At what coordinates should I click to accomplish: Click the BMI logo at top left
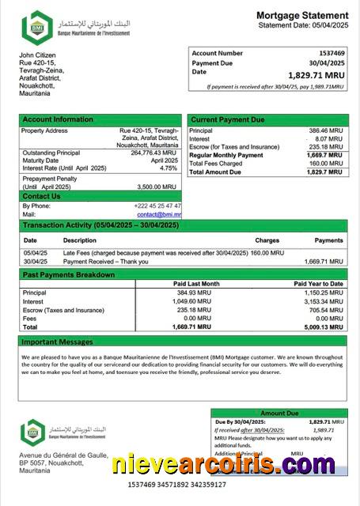tap(36, 27)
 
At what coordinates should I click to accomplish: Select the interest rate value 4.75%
tap(169, 168)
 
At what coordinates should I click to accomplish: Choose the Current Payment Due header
tap(227, 119)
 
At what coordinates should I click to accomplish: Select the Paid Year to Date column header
tap(318, 283)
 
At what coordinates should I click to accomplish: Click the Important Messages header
tap(59, 342)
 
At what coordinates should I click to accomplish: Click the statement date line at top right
tap(303, 26)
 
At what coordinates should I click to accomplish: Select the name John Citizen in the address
tap(37, 54)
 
